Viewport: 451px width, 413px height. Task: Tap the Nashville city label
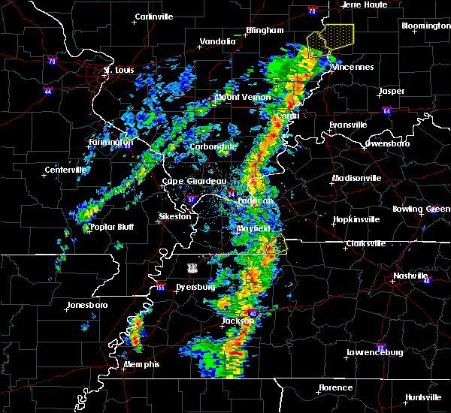coord(410,276)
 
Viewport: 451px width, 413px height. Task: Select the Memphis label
coord(143,364)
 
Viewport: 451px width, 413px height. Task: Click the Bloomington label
coord(425,26)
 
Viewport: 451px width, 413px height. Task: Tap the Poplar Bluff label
coord(111,227)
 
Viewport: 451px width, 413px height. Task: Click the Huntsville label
coord(422,397)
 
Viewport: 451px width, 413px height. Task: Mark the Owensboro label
coord(389,143)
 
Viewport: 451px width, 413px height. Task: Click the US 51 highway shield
coord(194,267)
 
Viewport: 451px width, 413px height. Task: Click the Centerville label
coord(66,170)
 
